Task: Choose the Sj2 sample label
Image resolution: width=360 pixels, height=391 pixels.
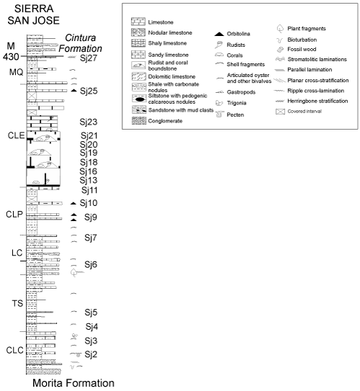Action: coord(89,354)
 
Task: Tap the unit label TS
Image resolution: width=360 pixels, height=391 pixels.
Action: coord(17,303)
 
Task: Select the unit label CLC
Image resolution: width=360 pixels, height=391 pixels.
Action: coord(16,351)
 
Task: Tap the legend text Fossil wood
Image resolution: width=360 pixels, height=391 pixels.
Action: coord(301,50)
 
